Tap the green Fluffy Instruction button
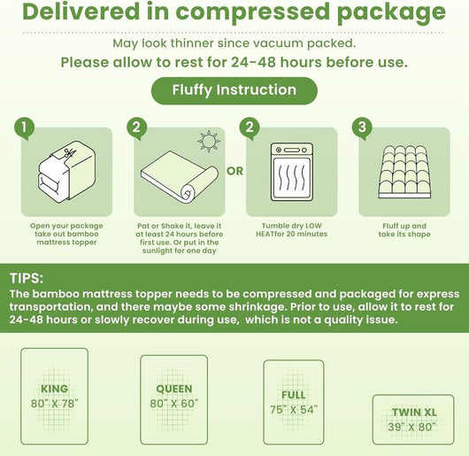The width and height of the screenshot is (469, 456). tap(234, 89)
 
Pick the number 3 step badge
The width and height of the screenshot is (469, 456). tap(360, 127)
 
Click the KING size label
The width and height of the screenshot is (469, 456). tap(54, 388)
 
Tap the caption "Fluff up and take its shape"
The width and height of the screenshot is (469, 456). tap(406, 230)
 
